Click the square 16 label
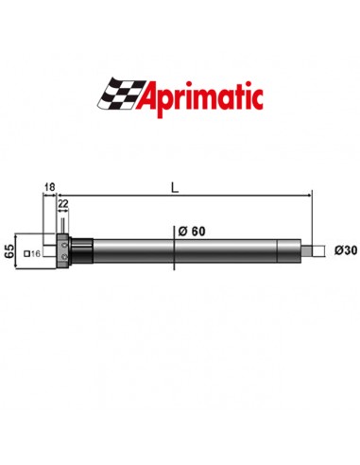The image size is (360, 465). [34, 254]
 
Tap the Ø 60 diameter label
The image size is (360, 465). [191, 232]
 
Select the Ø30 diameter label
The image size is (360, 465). [346, 250]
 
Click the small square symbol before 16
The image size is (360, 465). [28, 254]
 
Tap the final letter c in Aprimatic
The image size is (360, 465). [257, 97]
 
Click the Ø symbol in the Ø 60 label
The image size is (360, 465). [180, 232]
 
